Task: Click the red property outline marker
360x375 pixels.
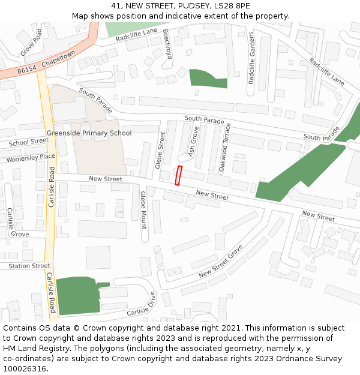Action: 178,175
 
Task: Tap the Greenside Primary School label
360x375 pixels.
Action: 89,133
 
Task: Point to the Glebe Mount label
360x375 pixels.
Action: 143,210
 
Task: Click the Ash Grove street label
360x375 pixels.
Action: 193,145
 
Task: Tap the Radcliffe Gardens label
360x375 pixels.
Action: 252,58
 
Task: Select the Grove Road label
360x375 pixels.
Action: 31,43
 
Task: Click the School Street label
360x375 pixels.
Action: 29,142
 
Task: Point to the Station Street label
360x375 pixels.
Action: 29,266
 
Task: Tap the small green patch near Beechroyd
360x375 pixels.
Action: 207,79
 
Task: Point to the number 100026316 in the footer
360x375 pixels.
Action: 23,368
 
